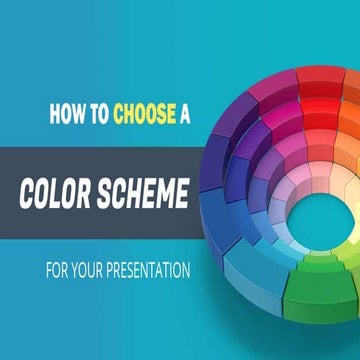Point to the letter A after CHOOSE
click(184, 114)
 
